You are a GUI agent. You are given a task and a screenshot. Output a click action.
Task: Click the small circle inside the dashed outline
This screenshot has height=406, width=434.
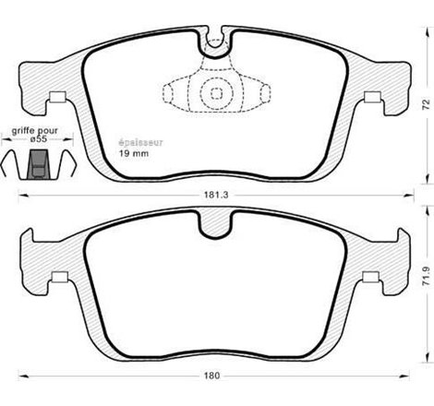[x=215, y=93]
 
